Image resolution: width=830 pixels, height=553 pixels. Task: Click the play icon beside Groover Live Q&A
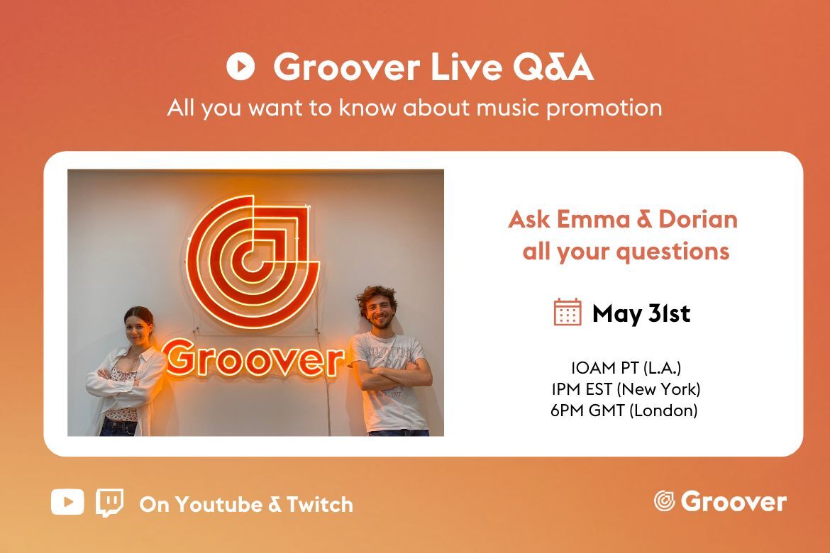(x=240, y=67)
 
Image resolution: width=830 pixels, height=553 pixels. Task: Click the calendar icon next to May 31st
(x=568, y=312)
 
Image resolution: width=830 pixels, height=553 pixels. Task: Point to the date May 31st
(x=641, y=313)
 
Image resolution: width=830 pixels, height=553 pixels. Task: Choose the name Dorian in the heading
(x=698, y=219)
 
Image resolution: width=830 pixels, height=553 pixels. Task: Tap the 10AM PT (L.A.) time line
(x=626, y=368)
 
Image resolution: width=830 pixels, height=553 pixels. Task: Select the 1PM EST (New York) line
(x=626, y=389)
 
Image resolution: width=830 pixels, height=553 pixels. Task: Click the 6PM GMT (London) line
(x=624, y=410)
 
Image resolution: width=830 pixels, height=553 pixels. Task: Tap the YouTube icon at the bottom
(x=67, y=502)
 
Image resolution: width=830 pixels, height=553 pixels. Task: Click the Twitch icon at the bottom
(x=109, y=503)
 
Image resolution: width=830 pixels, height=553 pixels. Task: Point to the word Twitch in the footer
(x=320, y=504)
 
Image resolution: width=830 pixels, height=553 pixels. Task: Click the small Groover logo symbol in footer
(x=664, y=501)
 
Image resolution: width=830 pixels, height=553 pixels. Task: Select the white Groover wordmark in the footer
(x=734, y=502)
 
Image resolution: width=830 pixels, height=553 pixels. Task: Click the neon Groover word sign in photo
(x=253, y=358)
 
